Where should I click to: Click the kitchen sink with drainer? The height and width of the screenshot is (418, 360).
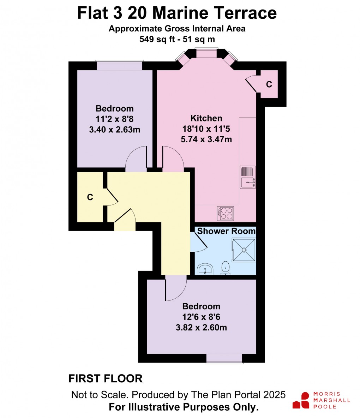pyautogui.click(x=248, y=177)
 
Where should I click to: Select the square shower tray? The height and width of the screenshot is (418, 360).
pyautogui.click(x=244, y=250)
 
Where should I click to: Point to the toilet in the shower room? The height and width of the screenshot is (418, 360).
pyautogui.click(x=225, y=268)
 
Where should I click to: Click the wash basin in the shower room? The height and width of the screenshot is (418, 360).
pyautogui.click(x=205, y=270)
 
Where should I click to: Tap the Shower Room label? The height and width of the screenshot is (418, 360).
pyautogui.click(x=226, y=231)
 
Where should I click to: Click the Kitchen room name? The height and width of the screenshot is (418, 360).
pyautogui.click(x=206, y=118)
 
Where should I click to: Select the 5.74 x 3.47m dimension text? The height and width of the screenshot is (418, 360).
pyautogui.click(x=206, y=139)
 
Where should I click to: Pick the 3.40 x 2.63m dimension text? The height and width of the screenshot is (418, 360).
pyautogui.click(x=115, y=130)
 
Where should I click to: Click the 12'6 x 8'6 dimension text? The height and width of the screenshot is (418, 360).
pyautogui.click(x=201, y=317)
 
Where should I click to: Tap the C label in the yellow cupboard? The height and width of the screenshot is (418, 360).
pyautogui.click(x=90, y=197)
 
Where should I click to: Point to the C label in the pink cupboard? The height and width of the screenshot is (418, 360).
pyautogui.click(x=269, y=84)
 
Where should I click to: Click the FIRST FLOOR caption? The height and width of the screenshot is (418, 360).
pyautogui.click(x=106, y=378)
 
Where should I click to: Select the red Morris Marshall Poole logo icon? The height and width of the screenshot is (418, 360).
pyautogui.click(x=301, y=400)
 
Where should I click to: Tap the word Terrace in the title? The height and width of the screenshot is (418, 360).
pyautogui.click(x=244, y=13)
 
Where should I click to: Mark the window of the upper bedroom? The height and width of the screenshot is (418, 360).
pyautogui.click(x=120, y=65)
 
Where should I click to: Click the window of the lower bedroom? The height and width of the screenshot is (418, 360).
pyautogui.click(x=224, y=358)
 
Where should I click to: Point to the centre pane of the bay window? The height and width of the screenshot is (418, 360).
pyautogui.click(x=206, y=53)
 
